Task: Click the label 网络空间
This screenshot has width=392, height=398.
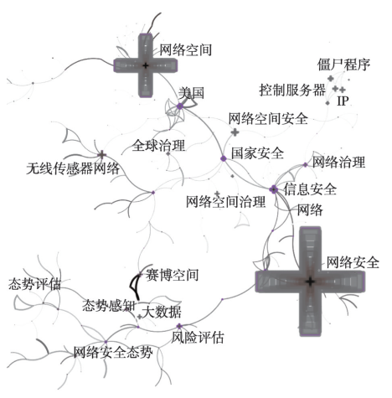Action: pos(185,50)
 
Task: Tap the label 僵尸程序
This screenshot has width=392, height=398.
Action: pos(343,65)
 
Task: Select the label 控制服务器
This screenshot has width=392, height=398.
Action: pos(292,90)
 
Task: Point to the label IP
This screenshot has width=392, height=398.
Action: pos(343,101)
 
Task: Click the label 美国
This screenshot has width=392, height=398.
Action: pos(191,93)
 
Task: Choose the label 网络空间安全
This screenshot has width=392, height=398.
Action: pos(268,118)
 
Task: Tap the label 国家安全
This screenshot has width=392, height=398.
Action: pos(257,153)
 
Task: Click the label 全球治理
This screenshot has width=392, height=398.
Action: pos(158,145)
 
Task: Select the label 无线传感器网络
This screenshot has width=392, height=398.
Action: pos(73,168)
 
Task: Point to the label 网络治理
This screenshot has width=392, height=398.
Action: pos(338,162)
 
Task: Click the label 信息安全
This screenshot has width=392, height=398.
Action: pos(310,189)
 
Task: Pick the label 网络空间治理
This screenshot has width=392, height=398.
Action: pos(225,201)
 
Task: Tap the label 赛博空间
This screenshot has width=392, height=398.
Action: pos(172,275)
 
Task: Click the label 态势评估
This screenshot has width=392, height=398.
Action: pos(34,284)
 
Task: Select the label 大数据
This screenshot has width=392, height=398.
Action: pos(162,312)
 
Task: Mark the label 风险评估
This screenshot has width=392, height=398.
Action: pos(198,338)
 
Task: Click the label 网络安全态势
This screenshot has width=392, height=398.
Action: pos(113,352)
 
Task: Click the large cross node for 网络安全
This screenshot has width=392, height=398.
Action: pos(310,282)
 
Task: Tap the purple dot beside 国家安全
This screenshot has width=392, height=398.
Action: pos(224,158)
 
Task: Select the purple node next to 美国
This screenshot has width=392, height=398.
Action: pos(180,106)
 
